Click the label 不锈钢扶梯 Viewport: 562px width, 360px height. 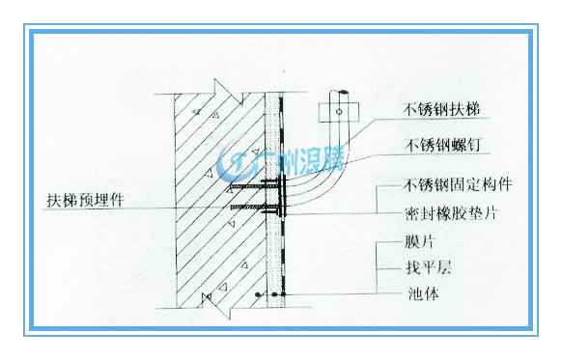tap(441, 109)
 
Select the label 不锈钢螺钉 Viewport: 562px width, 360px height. tap(442, 145)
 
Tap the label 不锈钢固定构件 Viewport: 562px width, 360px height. tap(458, 185)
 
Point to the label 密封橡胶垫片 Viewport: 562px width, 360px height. tap(451, 213)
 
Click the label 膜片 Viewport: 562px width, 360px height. tap(419, 242)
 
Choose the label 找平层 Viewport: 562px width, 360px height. tap(429, 267)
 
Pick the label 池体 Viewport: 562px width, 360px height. tap(423, 293)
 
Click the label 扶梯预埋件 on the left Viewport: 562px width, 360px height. tap(85, 200)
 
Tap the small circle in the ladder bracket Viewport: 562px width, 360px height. tap(339, 112)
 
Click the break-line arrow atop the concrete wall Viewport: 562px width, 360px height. tap(228, 92)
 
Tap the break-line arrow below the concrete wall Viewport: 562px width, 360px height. tap(216, 306)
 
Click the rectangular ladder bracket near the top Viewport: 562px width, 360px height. tap(339, 112)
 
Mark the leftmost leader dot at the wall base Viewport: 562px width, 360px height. tap(258, 294)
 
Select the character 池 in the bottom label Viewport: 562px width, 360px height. tap(415, 293)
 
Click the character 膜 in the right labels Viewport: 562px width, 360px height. tap(412, 242)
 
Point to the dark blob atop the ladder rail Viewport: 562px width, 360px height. tap(343, 92)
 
